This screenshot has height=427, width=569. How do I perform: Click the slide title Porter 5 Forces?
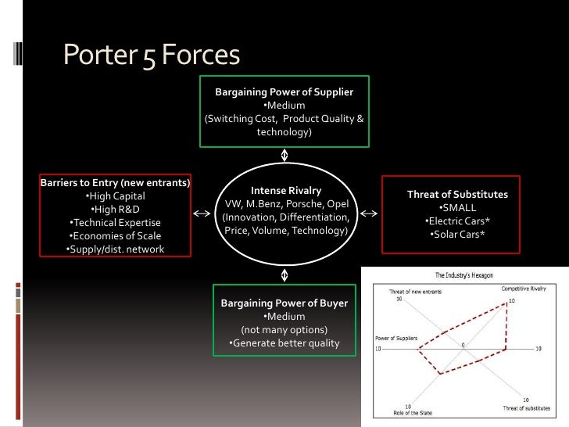[x=151, y=55]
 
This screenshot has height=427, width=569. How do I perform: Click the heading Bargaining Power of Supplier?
[x=284, y=92]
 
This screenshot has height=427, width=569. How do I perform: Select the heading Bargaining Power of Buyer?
[x=284, y=303]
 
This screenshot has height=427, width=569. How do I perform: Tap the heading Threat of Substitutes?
[x=457, y=194]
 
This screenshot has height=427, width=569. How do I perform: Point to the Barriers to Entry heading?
[x=115, y=183]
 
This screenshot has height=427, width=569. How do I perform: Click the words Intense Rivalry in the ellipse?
[x=285, y=190]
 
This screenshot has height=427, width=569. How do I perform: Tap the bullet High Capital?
[x=115, y=196]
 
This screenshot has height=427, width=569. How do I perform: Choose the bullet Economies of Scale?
[x=115, y=236]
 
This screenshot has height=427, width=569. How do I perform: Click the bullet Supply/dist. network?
[x=115, y=249]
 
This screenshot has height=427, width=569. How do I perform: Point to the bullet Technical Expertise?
[x=115, y=223]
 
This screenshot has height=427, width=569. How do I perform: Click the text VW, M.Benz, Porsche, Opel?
[x=285, y=203]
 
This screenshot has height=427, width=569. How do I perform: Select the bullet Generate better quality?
[x=284, y=343]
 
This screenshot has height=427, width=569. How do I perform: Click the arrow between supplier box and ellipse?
[x=285, y=154]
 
